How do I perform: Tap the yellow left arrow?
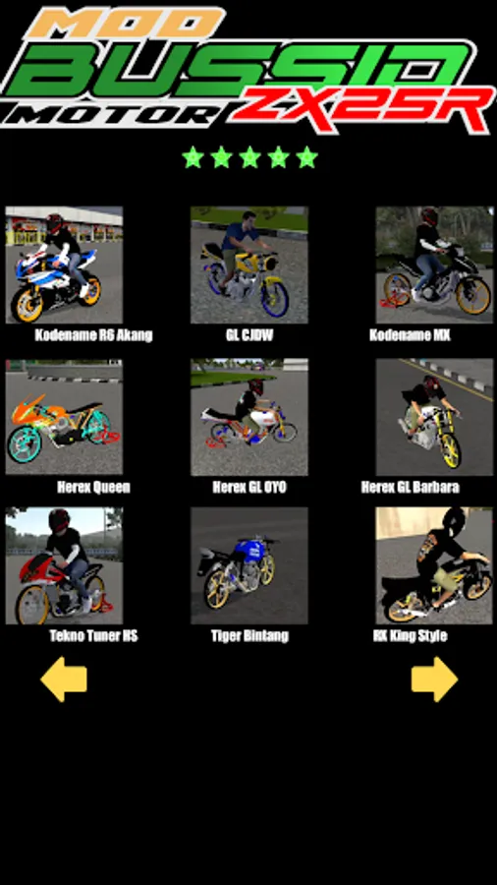tap(64, 678)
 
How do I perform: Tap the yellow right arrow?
tap(434, 678)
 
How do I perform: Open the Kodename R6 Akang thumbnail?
tap(64, 265)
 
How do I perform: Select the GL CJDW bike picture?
tap(249, 265)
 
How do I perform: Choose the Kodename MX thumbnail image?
tap(434, 265)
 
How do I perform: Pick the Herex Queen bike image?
tap(64, 417)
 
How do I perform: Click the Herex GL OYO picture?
tap(249, 417)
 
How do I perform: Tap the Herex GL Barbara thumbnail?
tap(434, 417)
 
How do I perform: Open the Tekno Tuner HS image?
tap(64, 565)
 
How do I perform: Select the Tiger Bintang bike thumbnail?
tap(249, 565)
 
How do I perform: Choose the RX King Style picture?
tap(434, 565)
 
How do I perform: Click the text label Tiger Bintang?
tap(249, 636)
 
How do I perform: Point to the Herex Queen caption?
tap(93, 487)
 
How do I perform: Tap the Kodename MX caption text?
tap(410, 335)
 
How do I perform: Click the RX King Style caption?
tap(410, 636)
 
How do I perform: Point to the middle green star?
tap(249, 157)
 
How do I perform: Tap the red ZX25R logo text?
tap(363, 109)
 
